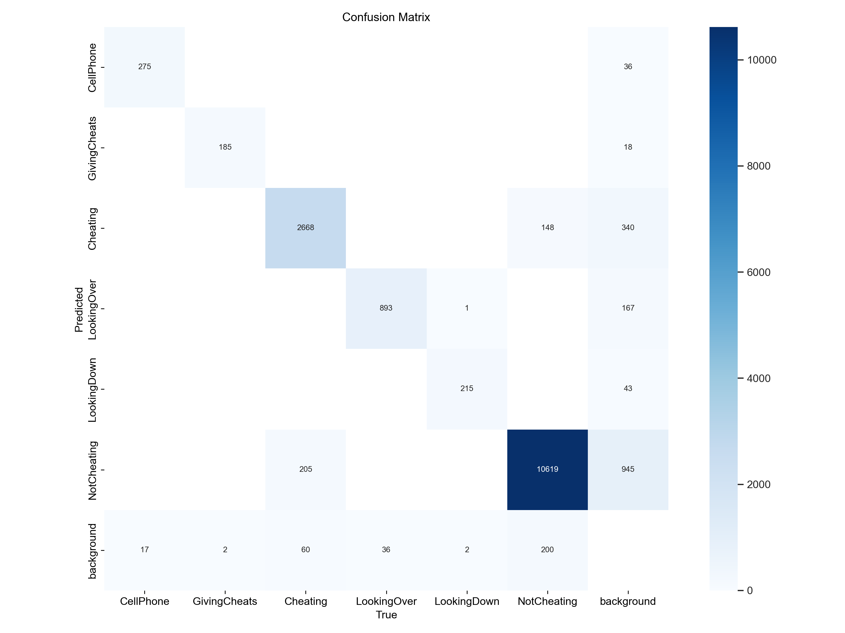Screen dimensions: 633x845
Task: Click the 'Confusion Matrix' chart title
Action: [x=386, y=17]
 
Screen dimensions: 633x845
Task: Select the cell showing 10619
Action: [x=547, y=469]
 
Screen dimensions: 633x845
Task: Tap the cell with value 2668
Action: [x=305, y=228]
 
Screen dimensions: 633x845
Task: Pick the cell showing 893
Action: [x=386, y=308]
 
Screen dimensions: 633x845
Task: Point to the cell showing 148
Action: [x=547, y=228]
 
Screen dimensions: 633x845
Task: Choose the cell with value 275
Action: [x=144, y=67]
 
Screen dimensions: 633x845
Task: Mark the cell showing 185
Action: [x=225, y=147]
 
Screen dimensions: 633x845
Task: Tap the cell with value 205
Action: [x=305, y=469]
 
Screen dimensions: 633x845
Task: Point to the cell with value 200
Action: [x=547, y=550]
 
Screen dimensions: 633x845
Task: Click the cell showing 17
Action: [x=144, y=550]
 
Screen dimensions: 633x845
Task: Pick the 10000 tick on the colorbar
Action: [x=761, y=60]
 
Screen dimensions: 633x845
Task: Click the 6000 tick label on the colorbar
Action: [x=758, y=272]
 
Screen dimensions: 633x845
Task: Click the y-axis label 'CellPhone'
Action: [x=92, y=68]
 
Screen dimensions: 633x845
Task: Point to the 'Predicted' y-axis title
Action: [x=79, y=309]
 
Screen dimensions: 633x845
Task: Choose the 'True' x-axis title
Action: [x=386, y=615]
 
